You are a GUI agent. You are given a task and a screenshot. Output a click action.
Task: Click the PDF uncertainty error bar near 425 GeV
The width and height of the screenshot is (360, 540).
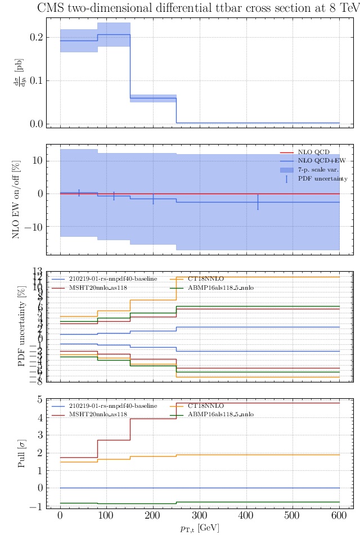coord(258,202)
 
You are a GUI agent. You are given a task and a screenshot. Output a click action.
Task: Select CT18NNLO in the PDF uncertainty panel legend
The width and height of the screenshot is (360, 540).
coord(206,278)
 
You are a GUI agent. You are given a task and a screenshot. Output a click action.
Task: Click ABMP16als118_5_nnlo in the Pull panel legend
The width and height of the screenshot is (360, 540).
coord(220,414)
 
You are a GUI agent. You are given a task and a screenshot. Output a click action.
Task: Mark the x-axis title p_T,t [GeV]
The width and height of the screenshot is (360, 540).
coord(200,528)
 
